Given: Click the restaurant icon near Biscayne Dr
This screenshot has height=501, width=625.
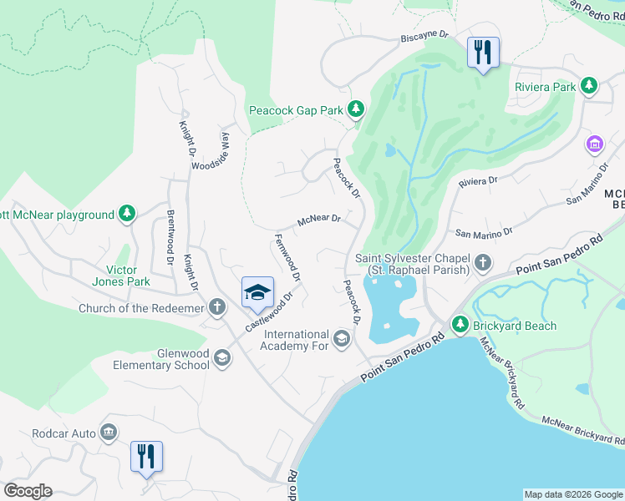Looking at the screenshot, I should click(x=483, y=53).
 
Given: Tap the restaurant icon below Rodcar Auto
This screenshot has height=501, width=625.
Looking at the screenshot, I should click(x=146, y=457).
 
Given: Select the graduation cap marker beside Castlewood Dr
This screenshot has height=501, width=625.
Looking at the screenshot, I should click(x=258, y=292).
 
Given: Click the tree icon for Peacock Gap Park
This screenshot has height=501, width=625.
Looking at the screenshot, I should click(x=357, y=109).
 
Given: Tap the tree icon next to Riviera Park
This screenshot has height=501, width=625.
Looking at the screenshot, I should click(x=590, y=86).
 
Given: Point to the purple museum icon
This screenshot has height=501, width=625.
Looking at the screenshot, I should click(x=595, y=144).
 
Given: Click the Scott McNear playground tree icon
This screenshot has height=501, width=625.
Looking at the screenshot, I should click(x=127, y=215).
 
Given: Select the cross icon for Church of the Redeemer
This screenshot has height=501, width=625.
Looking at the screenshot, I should click(x=217, y=307).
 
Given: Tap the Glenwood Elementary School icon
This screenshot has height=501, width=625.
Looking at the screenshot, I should click(x=221, y=358).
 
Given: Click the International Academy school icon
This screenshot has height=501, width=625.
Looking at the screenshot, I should click(x=341, y=338).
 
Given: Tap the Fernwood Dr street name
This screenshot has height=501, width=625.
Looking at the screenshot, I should click(x=286, y=257).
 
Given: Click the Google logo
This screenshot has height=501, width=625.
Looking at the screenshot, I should click(x=28, y=491).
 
